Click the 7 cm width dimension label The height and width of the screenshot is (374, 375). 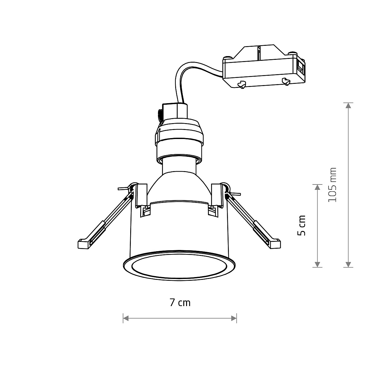pos(180,302)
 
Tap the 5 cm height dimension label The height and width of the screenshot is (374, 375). pos(302,225)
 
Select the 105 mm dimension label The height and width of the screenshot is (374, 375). pos(333,185)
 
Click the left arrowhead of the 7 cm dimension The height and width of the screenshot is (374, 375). pos(126,318)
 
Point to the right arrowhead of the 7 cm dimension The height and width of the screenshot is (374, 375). pos(234,318)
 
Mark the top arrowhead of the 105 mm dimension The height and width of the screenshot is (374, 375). pos(348,105)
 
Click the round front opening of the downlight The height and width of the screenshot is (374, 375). pos(179,267)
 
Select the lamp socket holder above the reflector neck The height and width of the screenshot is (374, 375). pos(180,137)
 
